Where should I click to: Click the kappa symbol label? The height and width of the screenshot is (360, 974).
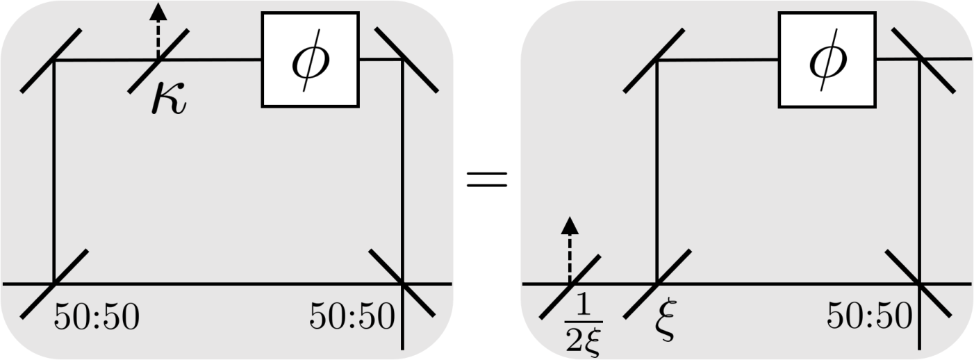[169, 99]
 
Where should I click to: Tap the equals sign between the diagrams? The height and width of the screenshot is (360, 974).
[487, 179]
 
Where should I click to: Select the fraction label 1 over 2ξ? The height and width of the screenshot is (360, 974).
[584, 325]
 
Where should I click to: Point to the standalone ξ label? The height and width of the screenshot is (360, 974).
[666, 319]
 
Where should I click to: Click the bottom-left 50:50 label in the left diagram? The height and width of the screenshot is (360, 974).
[97, 316]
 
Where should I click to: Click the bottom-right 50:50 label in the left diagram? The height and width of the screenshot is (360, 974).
[352, 316]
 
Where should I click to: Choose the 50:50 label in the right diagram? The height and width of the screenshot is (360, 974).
[869, 316]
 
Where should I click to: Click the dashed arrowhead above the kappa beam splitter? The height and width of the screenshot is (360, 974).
[158, 11]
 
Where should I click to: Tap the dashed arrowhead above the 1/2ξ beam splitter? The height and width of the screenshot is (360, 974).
[570, 225]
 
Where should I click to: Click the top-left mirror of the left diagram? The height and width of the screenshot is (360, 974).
[51, 60]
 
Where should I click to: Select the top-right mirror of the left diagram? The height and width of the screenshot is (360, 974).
[406, 60]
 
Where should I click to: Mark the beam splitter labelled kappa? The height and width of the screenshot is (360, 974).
[158, 61]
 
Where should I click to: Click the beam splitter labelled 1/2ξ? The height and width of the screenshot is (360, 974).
[570, 287]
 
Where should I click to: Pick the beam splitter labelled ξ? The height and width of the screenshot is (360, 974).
[657, 284]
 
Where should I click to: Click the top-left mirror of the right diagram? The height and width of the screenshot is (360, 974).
[654, 60]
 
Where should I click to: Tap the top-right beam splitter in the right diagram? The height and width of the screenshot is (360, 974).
[923, 60]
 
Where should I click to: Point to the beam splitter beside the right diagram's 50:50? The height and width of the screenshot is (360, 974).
[918, 283]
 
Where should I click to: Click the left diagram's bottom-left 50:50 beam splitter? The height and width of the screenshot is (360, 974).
[54, 284]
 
